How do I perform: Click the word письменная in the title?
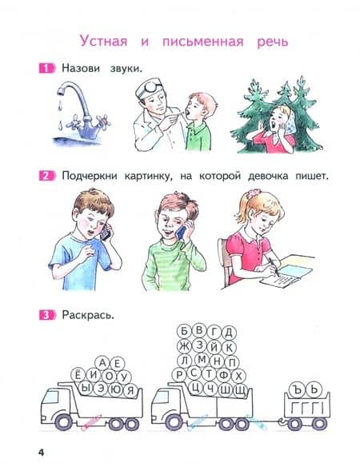pos(203,42)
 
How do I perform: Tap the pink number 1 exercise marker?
pos(46,69)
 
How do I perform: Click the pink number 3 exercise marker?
pos(46,315)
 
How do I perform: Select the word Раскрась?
pos(88,315)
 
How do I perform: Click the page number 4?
pos(41,452)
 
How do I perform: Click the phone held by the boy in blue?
pos(106,232)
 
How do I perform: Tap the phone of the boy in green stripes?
pos(181,233)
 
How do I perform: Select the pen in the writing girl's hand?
pos(274,267)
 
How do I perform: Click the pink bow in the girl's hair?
pos(252,194)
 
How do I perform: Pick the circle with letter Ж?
pos(184,346)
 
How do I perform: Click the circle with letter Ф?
pos(224,375)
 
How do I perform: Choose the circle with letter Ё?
pos(78,375)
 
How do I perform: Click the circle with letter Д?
pos(229,333)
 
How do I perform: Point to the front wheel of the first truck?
pos(64,422)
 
